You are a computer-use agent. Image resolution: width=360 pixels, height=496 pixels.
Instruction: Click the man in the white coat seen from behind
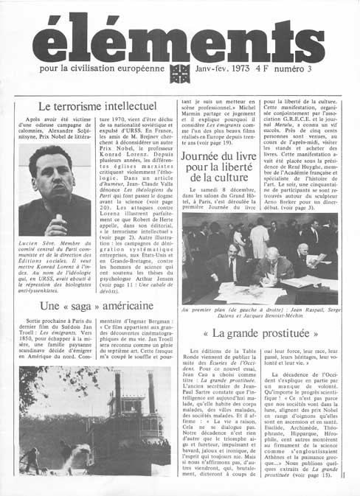click(259, 240)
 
